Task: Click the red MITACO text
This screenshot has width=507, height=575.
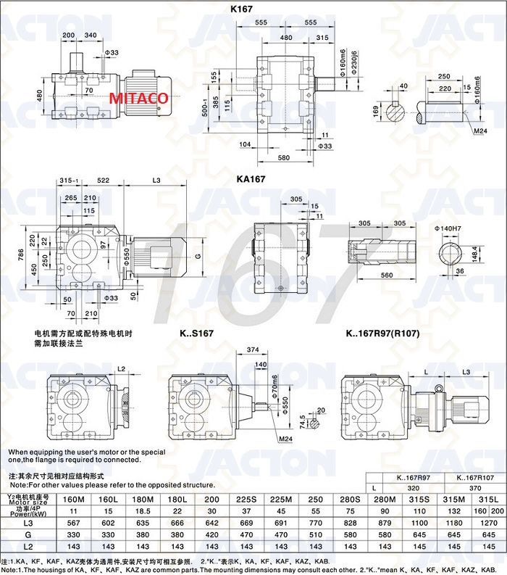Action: pyautogui.click(x=139, y=98)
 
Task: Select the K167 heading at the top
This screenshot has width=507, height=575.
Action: pyautogui.click(x=241, y=10)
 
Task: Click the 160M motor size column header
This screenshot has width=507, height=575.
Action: pyautogui.click(x=73, y=500)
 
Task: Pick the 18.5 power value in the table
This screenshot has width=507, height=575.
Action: pyautogui.click(x=142, y=512)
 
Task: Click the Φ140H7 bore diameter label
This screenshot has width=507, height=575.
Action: pyautogui.click(x=448, y=228)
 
